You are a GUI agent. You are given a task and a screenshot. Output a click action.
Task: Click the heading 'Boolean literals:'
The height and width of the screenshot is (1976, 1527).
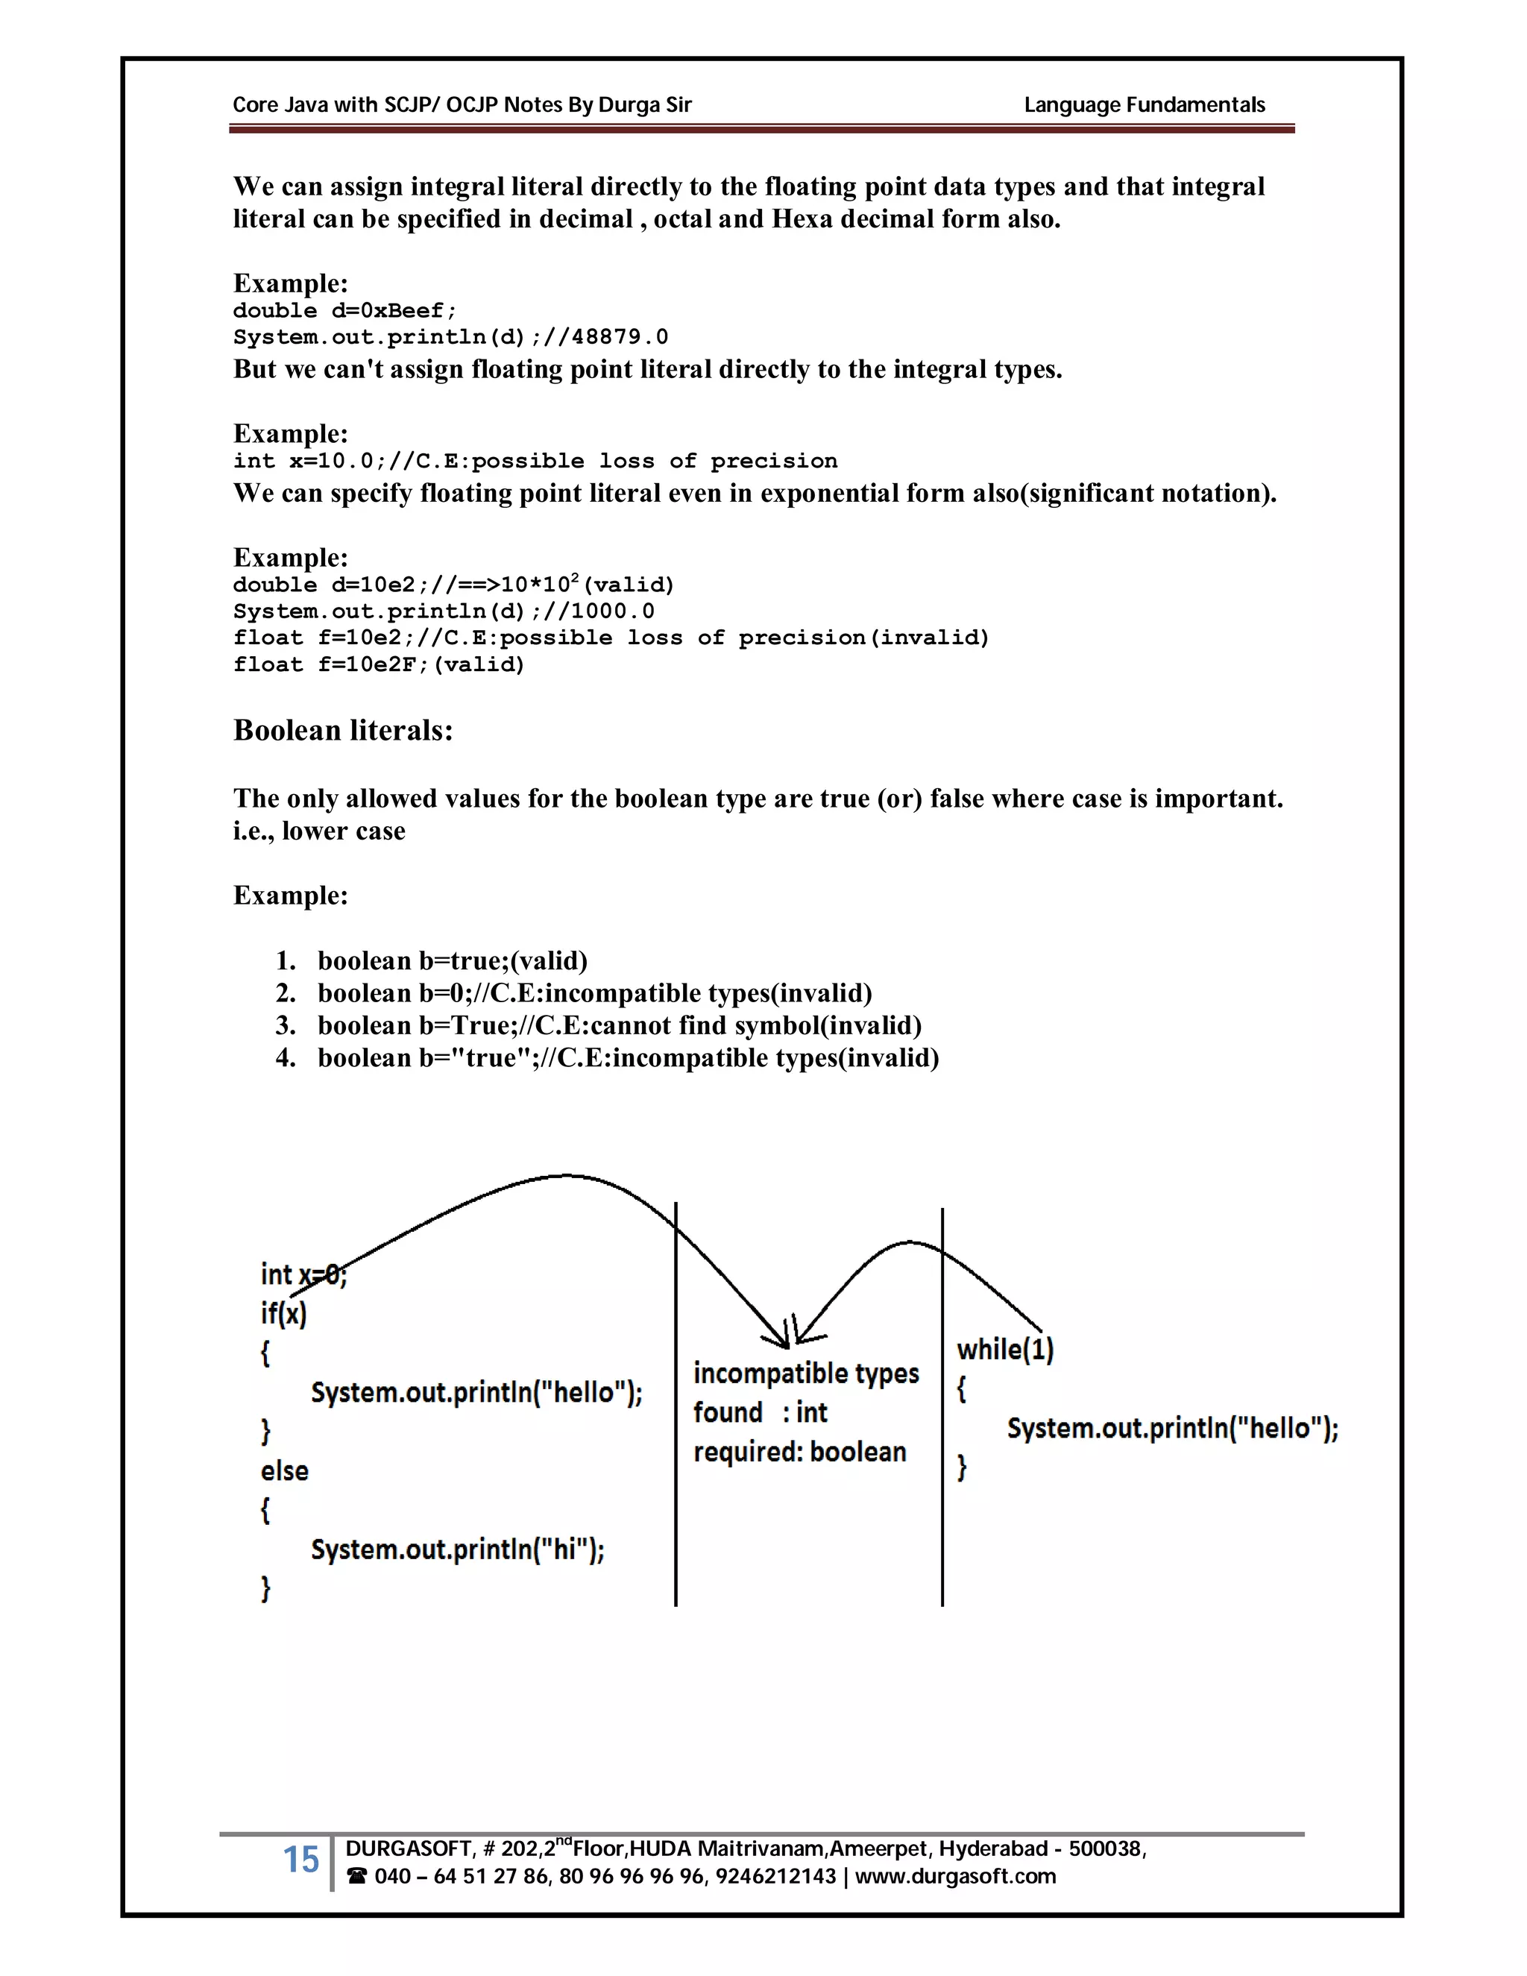343,730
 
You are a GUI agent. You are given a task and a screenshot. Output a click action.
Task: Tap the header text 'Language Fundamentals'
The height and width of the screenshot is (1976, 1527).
1144,105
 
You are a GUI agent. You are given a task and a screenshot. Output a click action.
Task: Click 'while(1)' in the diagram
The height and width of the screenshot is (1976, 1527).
1005,1349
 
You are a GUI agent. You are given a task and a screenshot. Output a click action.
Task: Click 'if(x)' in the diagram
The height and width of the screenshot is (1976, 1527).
283,1313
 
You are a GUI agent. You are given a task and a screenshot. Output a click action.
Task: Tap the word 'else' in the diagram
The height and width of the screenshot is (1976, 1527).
284,1470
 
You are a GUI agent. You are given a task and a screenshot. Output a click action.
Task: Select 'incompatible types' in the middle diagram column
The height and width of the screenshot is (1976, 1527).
805,1374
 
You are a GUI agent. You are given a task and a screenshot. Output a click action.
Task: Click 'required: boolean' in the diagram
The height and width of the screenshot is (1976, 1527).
800,1451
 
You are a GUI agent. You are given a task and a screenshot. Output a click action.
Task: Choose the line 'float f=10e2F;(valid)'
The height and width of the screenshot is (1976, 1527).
378,665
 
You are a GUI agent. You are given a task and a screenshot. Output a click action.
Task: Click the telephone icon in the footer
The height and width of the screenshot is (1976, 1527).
356,1877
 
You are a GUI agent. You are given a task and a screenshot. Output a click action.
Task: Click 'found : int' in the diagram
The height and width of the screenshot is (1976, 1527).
760,1412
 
